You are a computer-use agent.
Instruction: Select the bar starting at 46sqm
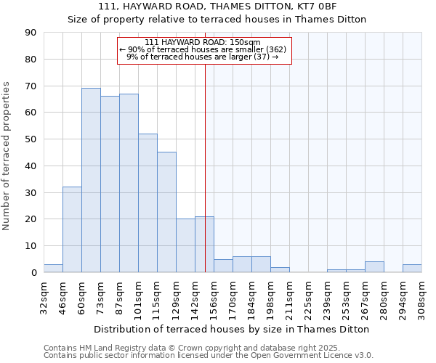(x=72, y=229)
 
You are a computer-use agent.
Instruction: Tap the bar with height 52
(x=148, y=203)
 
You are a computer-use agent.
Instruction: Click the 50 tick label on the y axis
(x=31, y=139)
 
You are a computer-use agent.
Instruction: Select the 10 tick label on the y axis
(x=31, y=246)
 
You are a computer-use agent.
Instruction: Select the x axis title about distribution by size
(x=233, y=329)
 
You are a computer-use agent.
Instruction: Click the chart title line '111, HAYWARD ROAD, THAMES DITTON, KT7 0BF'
(x=217, y=7)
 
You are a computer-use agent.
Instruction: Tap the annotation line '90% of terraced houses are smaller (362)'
(x=204, y=49)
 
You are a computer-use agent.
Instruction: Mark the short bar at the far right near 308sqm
(x=412, y=269)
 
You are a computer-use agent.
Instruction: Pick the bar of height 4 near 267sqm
(x=374, y=267)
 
